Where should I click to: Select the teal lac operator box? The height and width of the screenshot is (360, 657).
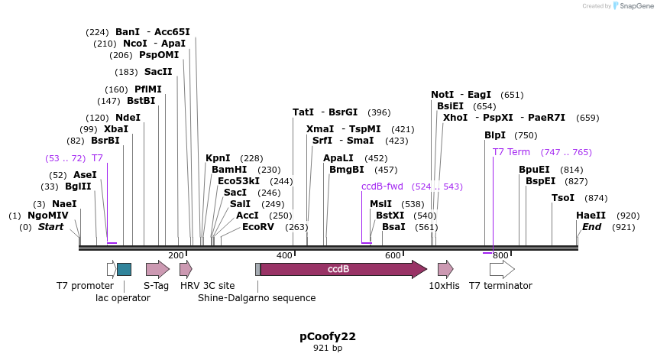124,269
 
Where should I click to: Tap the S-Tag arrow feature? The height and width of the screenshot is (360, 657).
157,269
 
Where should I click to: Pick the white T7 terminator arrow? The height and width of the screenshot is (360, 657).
501,269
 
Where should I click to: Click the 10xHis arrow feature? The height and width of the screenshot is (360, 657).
445,269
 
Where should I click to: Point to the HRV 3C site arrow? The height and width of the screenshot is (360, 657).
185,269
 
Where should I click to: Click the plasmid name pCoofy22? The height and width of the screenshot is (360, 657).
328,336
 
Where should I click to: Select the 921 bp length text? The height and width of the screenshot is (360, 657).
328,349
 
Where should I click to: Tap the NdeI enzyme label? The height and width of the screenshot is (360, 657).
128,118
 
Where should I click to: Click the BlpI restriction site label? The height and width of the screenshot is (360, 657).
495,135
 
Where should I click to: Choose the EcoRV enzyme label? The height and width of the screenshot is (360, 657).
258,227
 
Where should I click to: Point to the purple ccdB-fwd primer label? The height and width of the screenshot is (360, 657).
382,186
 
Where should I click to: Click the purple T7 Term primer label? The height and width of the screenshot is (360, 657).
511,152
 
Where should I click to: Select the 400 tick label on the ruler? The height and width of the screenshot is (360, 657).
284,255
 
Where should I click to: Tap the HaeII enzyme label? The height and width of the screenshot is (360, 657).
591,216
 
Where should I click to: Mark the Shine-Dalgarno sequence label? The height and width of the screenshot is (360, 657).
257,298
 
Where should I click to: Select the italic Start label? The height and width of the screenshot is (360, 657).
50,227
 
